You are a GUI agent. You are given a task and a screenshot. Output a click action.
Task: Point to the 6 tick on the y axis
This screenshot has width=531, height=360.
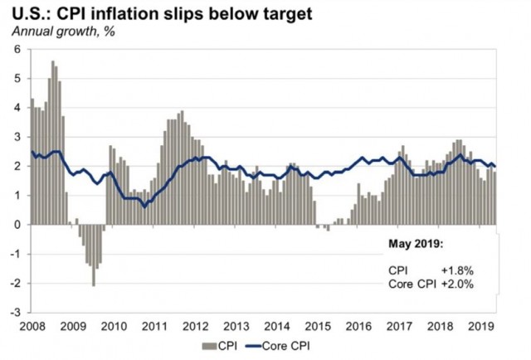point(17,50)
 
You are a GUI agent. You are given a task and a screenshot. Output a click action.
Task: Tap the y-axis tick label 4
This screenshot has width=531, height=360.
point(17,108)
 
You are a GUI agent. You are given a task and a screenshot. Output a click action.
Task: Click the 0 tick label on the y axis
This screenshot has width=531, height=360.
point(17,225)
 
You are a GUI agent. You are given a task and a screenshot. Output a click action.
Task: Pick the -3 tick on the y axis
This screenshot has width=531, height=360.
point(15,313)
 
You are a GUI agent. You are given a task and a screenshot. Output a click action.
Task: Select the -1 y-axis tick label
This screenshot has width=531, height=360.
point(15,254)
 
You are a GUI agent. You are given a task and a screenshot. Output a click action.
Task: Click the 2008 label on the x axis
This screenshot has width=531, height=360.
point(32,325)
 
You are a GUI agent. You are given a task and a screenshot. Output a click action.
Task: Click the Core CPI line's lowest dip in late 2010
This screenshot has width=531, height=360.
point(145,207)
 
